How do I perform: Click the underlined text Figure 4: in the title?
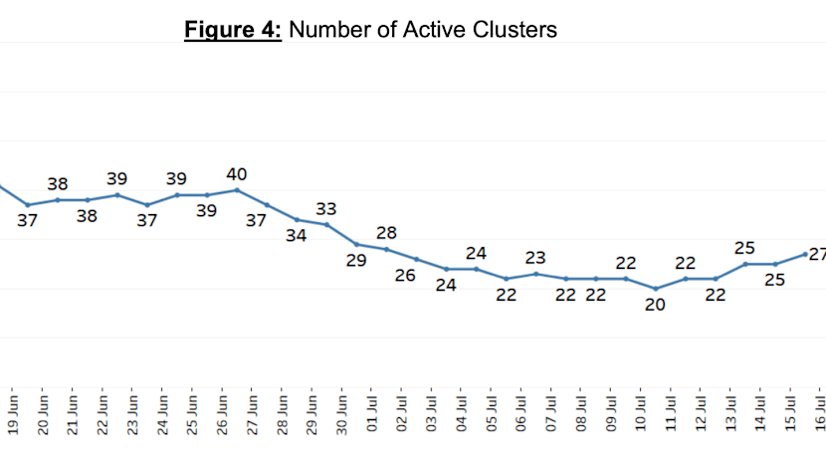tap(233, 30)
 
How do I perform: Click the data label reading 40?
tap(237, 174)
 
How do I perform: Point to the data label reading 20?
tap(655, 305)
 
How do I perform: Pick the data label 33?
tap(326, 209)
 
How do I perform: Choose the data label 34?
tap(296, 236)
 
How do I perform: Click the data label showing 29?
tap(356, 261)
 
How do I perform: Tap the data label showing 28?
tap(386, 233)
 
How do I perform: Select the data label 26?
tap(405, 275)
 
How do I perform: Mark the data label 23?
tap(535, 258)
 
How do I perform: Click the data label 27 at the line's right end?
tap(818, 254)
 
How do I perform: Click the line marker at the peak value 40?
tap(237, 190)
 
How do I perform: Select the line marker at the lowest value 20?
tap(656, 289)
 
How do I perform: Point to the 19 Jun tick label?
tap(13, 415)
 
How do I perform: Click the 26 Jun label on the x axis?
tap(222, 415)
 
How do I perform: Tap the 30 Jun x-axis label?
tap(342, 415)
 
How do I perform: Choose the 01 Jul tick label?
tap(372, 414)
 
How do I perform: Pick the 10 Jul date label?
tap(641, 414)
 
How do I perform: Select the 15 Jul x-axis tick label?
tap(790, 414)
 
